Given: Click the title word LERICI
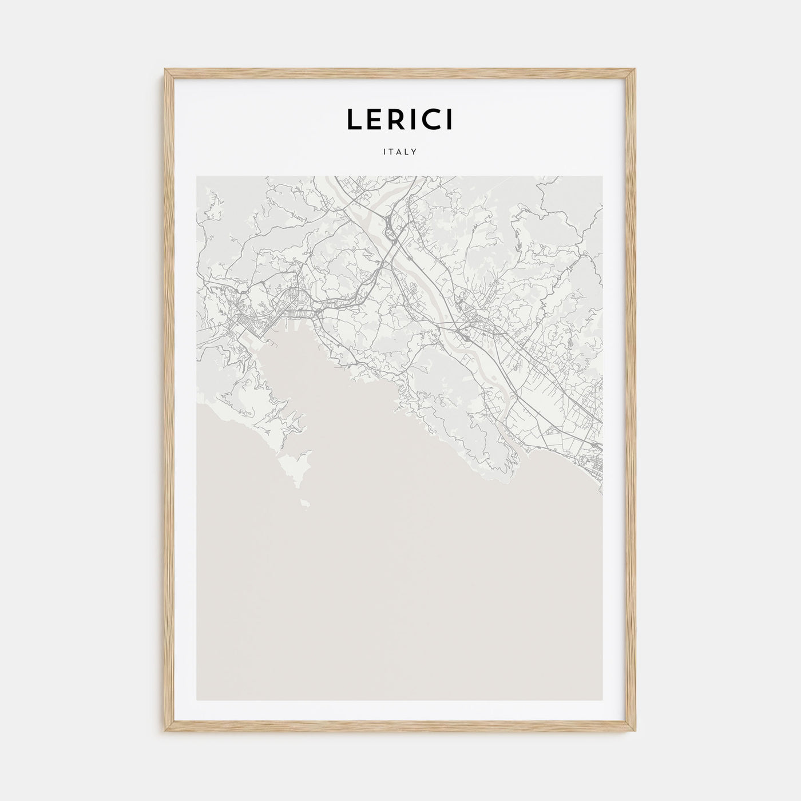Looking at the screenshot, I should click(400, 119).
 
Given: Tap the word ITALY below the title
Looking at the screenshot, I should click(400, 152).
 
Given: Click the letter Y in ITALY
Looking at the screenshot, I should click(414, 152).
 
